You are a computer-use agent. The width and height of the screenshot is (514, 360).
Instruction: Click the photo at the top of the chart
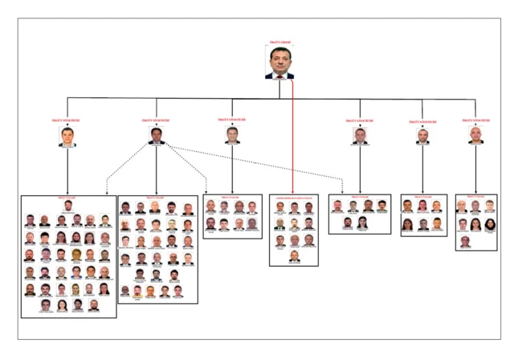coord(279,63)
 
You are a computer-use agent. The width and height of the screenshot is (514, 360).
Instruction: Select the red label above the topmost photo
coord(279,43)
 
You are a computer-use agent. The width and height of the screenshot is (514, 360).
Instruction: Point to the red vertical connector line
coord(292,137)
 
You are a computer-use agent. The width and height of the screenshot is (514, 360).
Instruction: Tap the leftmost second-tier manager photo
coord(67,137)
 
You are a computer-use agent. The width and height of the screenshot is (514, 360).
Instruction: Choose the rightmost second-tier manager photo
coord(475,135)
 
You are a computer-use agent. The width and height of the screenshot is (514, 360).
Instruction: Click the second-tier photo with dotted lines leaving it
coord(157,135)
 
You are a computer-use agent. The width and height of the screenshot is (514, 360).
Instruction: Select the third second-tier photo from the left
coord(232,134)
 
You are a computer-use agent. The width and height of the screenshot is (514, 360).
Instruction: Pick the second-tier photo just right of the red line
coord(360,135)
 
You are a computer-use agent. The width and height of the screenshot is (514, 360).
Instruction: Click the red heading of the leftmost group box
coord(67,197)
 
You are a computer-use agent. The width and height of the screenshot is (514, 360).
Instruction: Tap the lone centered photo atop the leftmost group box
coord(67,206)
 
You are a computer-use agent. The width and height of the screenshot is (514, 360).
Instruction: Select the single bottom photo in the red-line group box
coord(294,256)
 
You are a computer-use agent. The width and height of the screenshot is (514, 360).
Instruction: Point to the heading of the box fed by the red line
coord(294,197)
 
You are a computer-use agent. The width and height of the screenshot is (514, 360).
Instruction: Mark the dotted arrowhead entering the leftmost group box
coord(107,193)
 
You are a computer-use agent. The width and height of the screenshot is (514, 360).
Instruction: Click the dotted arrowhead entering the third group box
coord(206,191)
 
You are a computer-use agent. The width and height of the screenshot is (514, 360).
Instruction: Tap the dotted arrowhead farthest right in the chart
coord(342,191)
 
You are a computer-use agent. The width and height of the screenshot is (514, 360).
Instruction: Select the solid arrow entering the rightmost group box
coord(475,192)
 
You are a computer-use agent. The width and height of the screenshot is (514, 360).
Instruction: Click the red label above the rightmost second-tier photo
coord(475,120)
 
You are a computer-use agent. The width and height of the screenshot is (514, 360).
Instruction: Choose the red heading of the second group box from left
coord(157,197)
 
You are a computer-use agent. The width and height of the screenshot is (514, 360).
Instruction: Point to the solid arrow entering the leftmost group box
coord(67,193)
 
